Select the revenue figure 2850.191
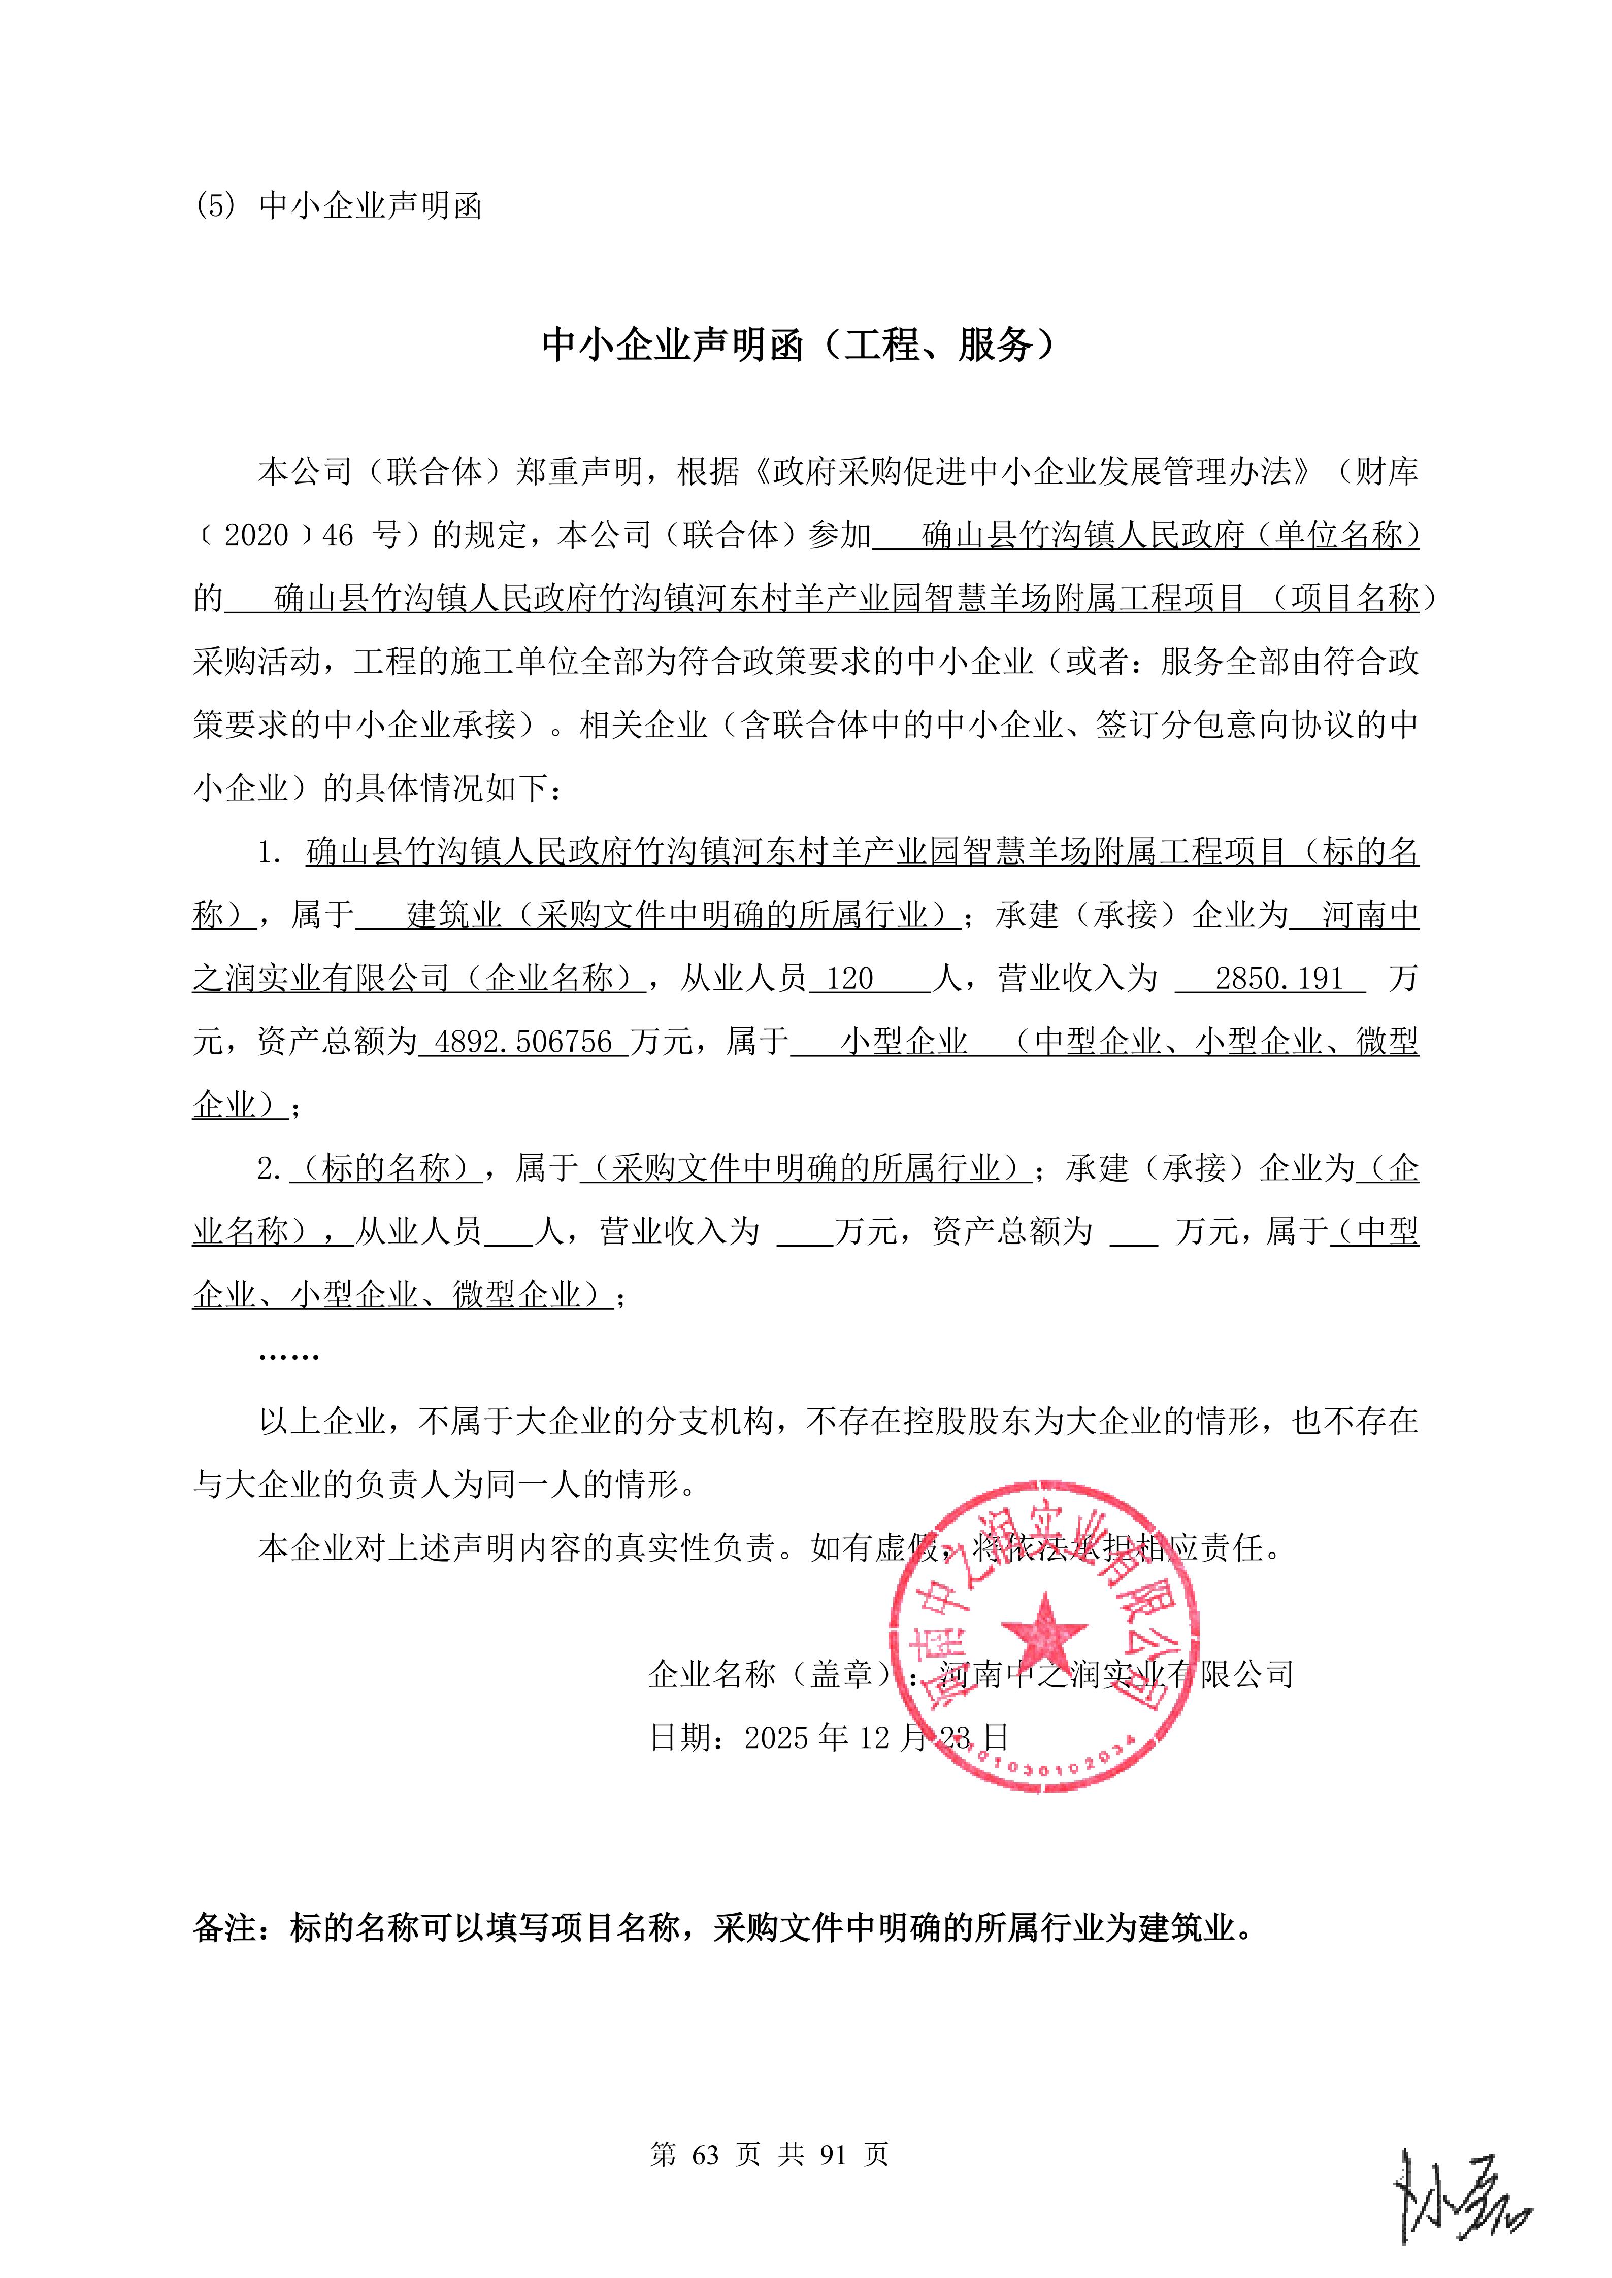coord(1278,979)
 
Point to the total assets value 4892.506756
coord(523,1043)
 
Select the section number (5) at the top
coord(215,206)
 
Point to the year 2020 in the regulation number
coord(256,536)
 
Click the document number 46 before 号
coord(338,536)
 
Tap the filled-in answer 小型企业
coord(904,1043)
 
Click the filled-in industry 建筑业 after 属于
coord(454,916)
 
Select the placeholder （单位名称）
coord(1333,536)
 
